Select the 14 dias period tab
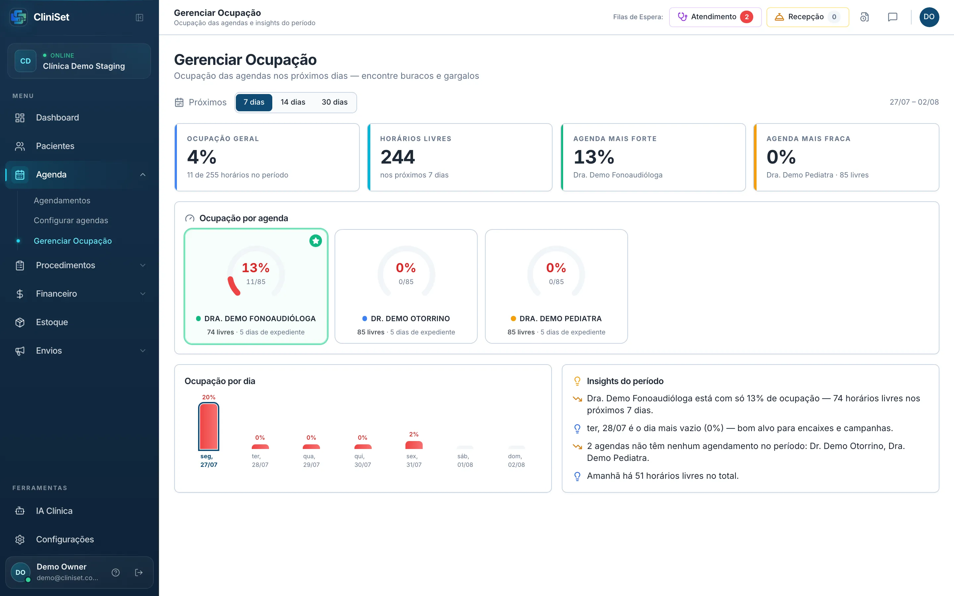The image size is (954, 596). [293, 102]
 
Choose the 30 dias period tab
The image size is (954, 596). [334, 102]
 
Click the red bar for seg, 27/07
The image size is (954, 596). [209, 426]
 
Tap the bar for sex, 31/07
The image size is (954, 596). [414, 445]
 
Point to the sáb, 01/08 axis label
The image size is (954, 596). [465, 460]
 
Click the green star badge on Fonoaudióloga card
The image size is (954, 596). [315, 240]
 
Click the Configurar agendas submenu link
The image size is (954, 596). [71, 220]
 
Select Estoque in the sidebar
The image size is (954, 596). [52, 322]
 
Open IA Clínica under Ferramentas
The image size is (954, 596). [54, 511]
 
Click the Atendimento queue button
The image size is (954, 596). [715, 17]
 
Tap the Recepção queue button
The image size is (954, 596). [807, 17]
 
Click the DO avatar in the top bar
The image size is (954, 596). [929, 17]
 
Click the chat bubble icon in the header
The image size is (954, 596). [892, 17]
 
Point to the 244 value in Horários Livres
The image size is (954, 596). [397, 157]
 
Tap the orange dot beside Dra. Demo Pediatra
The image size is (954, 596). [513, 319]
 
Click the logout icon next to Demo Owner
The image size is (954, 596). [139, 572]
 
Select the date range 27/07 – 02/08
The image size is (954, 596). [914, 102]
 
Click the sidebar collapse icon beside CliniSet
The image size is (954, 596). [139, 17]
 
